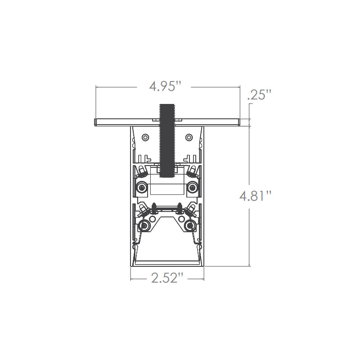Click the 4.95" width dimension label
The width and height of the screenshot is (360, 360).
165,86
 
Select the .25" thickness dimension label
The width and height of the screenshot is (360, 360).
260,95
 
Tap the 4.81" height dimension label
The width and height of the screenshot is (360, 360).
256,196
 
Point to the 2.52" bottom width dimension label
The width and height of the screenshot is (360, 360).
167,278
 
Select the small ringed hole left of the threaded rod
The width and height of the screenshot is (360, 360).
145,138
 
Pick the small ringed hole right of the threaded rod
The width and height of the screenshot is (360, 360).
189,138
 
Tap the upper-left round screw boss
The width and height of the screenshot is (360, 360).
142,188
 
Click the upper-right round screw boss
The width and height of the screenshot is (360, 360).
192,188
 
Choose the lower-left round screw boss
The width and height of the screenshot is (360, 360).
144,226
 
